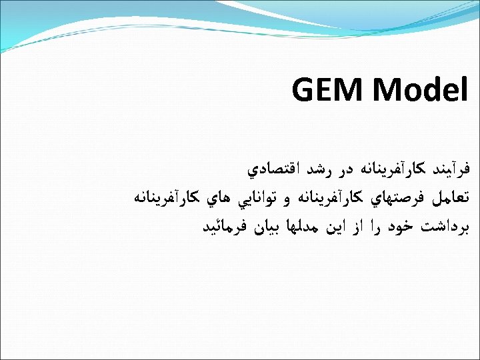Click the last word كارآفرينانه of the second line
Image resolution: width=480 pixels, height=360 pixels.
(164, 199)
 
